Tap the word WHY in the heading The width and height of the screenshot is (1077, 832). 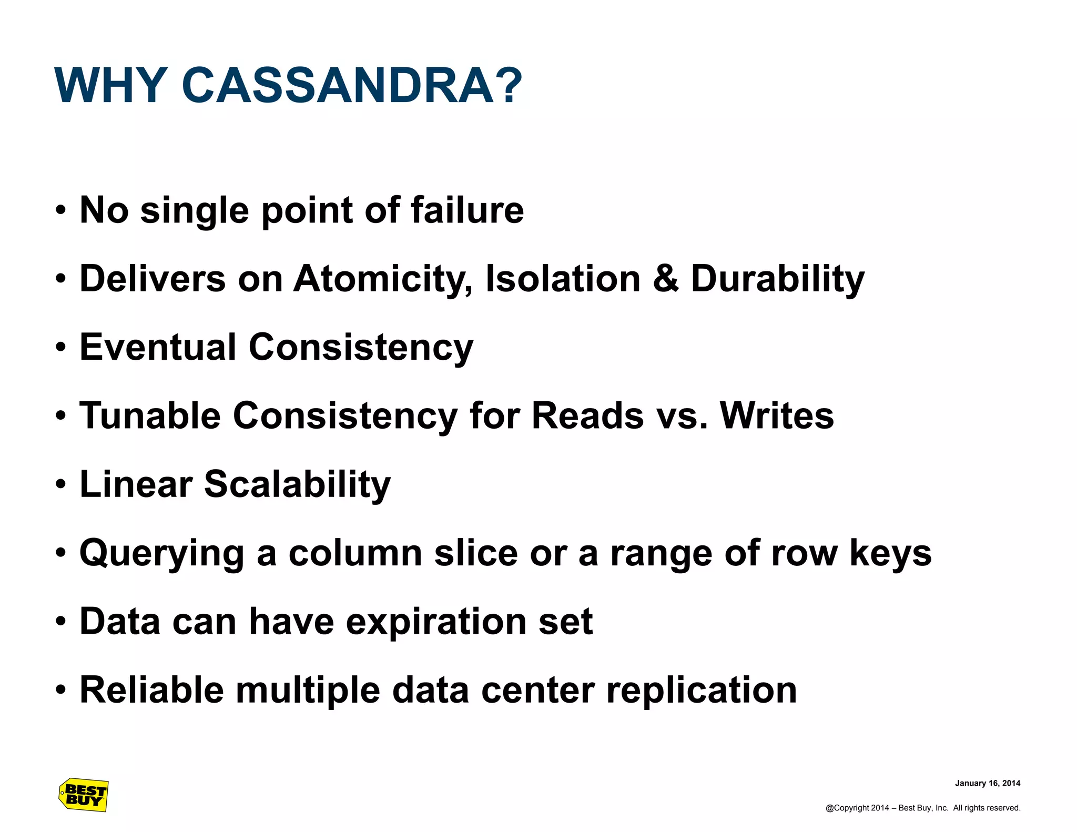(x=111, y=85)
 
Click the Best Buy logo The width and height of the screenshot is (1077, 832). (x=84, y=795)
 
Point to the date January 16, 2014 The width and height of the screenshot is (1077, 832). (x=987, y=783)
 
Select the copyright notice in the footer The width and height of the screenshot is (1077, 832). (x=922, y=808)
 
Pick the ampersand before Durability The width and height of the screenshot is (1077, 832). (x=665, y=278)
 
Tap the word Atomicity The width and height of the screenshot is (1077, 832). (x=382, y=279)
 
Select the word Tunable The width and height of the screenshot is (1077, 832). (x=150, y=415)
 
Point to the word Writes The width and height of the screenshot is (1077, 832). (x=776, y=415)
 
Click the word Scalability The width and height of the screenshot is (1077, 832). (x=297, y=484)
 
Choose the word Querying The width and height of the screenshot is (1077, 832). (x=162, y=554)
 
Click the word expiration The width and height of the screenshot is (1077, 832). (x=436, y=622)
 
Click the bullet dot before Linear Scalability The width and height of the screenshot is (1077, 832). (x=61, y=484)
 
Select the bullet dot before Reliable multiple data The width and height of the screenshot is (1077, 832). (x=61, y=689)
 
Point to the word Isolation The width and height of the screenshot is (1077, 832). (x=563, y=278)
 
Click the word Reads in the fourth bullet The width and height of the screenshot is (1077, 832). (x=587, y=415)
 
